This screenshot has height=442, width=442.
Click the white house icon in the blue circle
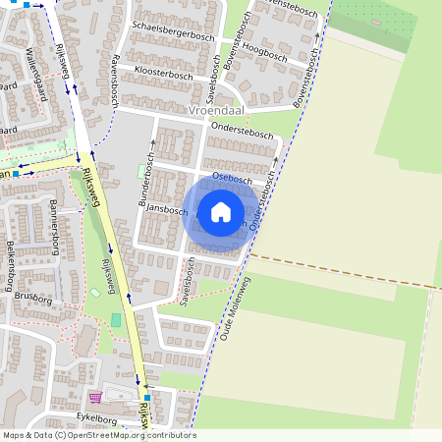[x=221, y=211]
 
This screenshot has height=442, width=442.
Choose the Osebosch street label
[x=232, y=181]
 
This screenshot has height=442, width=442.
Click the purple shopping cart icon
[x=95, y=397]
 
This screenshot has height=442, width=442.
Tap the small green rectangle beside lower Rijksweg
[x=116, y=320]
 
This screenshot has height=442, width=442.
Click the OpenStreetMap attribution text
[x=98, y=435]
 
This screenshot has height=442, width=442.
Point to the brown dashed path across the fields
[x=344, y=272]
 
